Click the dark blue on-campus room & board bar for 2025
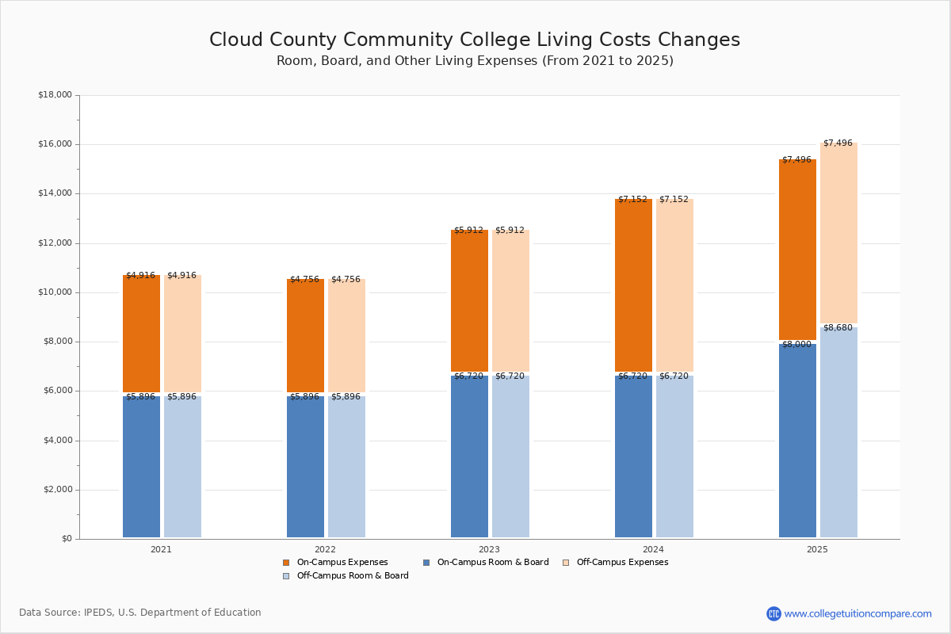797,441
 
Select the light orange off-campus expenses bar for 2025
838,233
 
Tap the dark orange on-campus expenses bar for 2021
141,334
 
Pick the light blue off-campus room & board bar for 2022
346,467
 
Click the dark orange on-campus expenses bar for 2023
469,300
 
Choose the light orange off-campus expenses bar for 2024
674,285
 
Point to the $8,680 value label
838,328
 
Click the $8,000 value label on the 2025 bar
796,345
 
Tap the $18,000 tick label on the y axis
55,94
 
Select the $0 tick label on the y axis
67,539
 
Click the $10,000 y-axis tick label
55,292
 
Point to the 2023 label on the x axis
489,549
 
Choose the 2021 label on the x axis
162,549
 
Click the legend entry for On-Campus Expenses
335,562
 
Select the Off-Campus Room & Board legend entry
346,576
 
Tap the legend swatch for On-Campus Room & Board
426,563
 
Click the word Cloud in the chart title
236,40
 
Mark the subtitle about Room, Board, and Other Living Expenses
475,61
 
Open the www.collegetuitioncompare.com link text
857,613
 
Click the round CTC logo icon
773,613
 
